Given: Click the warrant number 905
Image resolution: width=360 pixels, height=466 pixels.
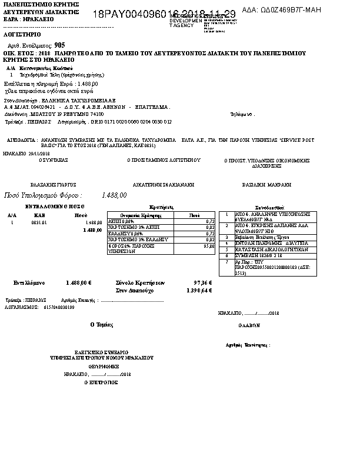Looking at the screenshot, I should [x=59, y=45].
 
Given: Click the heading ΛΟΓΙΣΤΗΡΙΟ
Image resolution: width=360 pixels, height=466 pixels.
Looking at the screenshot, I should [x=22, y=35].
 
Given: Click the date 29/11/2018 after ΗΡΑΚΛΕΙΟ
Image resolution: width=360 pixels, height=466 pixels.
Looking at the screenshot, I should [x=38, y=153].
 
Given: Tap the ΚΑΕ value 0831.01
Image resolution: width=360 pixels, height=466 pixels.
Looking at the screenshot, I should [x=39, y=223].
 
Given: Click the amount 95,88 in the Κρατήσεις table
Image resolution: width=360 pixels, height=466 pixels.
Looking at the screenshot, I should [x=208, y=247].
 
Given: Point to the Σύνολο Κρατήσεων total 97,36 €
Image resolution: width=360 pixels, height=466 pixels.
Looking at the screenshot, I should [x=202, y=283].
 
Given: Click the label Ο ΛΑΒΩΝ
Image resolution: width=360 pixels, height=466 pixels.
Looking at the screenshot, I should [x=249, y=325].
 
